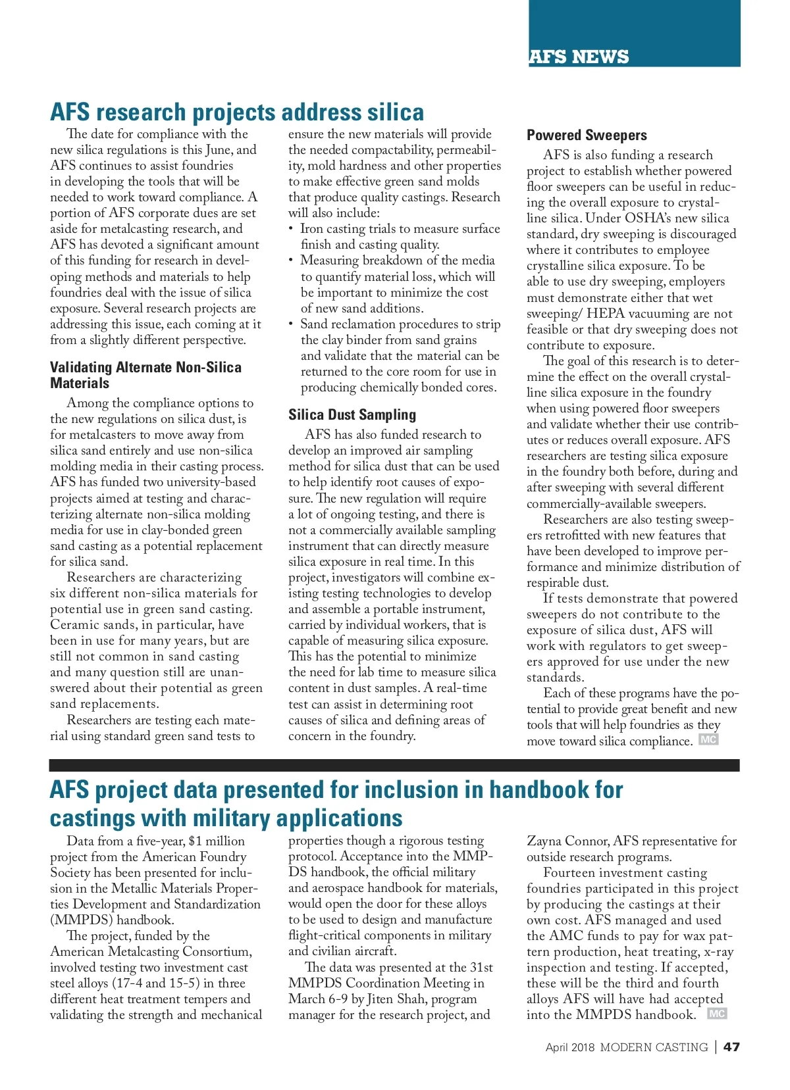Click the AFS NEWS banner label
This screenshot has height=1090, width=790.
click(579, 57)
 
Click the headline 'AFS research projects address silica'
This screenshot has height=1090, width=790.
click(237, 112)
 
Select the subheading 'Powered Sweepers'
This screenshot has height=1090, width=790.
click(587, 136)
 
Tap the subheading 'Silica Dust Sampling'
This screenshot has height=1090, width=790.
click(352, 415)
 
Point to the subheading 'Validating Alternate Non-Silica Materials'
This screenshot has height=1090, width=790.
click(145, 376)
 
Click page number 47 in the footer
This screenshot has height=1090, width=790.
click(731, 1047)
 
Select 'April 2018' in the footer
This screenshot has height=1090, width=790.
click(569, 1047)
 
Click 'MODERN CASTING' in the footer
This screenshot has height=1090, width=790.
click(654, 1047)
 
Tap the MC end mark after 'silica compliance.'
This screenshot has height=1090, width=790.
click(708, 739)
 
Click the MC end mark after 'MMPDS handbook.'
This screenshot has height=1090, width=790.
click(717, 1014)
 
